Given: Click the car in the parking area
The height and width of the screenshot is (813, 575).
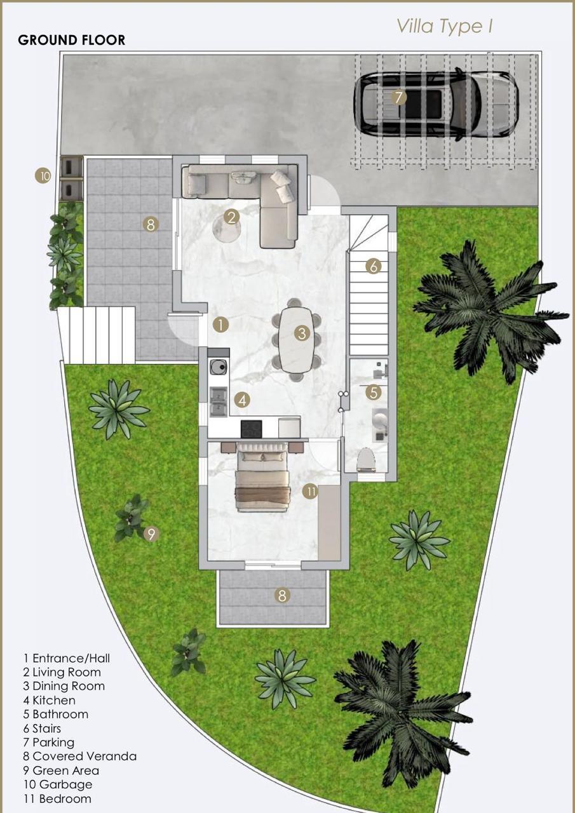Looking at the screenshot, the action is click(436, 104).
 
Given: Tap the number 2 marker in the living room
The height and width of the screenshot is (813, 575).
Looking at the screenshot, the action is click(232, 217).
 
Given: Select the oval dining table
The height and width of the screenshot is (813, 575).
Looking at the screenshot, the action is click(296, 339).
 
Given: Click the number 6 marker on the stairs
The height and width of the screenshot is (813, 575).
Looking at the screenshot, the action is click(374, 266).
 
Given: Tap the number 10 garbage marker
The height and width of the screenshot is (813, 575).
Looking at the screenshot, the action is click(43, 177).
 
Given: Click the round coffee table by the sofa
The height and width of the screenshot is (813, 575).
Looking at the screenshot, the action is click(226, 227).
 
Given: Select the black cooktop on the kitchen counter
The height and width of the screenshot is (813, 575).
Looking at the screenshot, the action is click(252, 427).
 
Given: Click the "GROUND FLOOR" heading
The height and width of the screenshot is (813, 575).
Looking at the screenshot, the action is click(72, 40).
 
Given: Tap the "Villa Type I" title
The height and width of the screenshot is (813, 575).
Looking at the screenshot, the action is click(444, 27).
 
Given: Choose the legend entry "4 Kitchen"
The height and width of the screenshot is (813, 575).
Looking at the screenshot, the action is click(50, 700).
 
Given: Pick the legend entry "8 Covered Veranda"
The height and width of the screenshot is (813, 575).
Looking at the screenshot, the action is click(80, 756).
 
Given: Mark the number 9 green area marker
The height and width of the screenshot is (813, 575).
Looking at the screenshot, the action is click(151, 534).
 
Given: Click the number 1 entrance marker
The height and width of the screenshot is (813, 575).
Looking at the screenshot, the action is click(220, 325).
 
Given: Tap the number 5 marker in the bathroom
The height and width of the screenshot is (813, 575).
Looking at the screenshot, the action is click(374, 392).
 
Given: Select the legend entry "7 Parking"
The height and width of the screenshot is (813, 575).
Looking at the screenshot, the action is click(49, 742).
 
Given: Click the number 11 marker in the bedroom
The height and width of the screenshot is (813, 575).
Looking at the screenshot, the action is click(310, 492).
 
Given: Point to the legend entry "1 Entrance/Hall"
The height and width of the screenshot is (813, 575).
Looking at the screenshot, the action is click(67, 658).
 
